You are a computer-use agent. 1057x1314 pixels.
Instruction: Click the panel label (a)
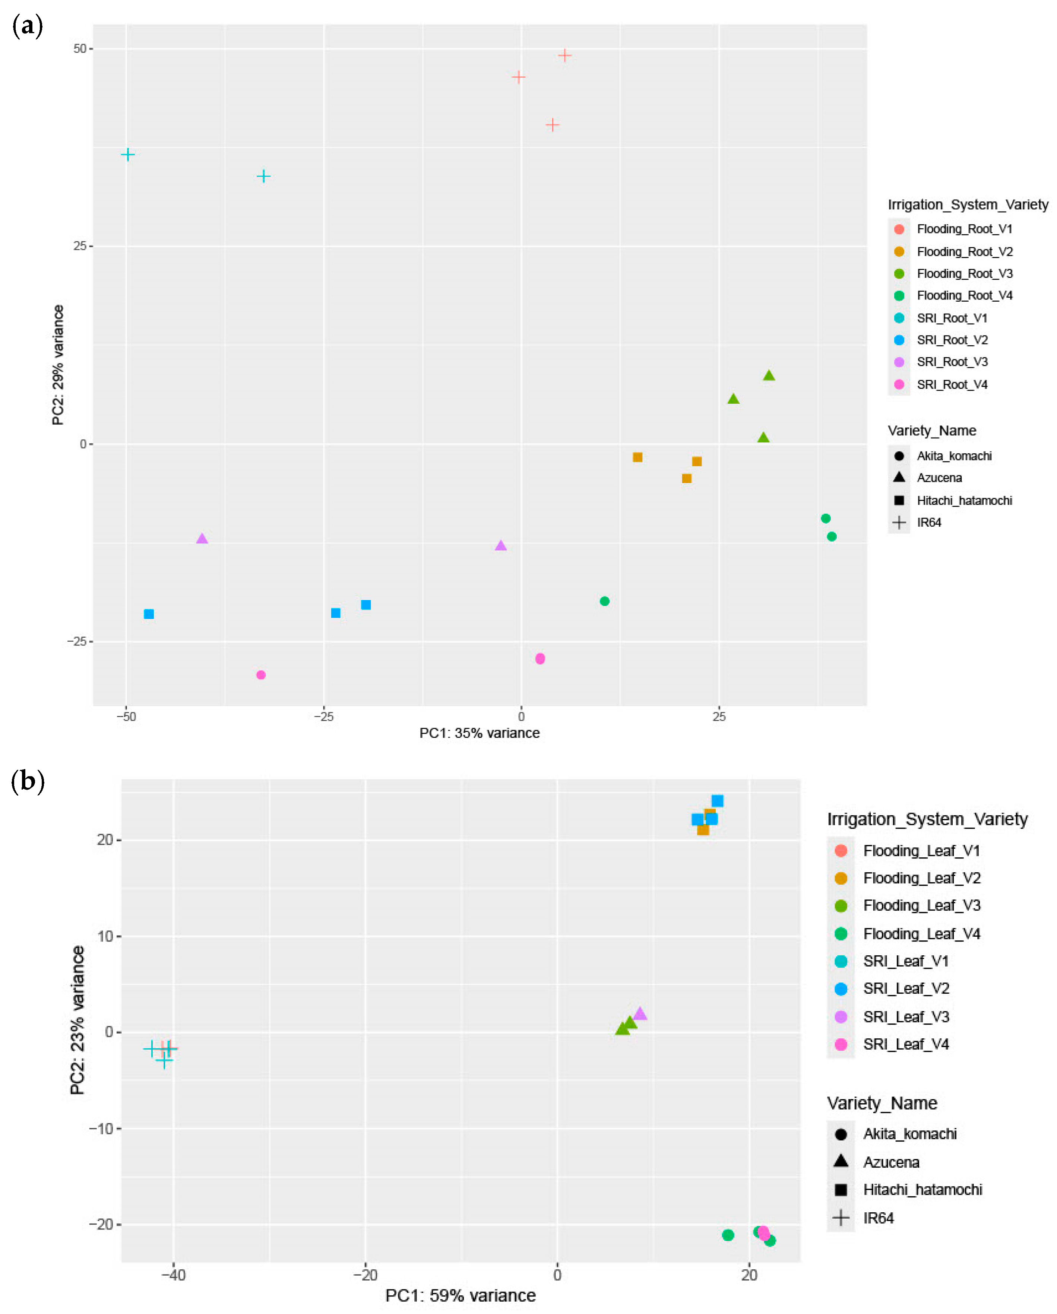[28, 26]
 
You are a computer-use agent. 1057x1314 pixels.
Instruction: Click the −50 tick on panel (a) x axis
[126, 716]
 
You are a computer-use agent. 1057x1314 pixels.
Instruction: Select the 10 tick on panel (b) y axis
[105, 936]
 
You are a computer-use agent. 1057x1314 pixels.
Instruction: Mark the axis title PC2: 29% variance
[58, 365]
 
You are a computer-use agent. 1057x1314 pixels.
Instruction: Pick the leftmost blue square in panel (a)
[149, 614]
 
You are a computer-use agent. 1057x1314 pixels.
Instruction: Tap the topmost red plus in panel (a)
[564, 55]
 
